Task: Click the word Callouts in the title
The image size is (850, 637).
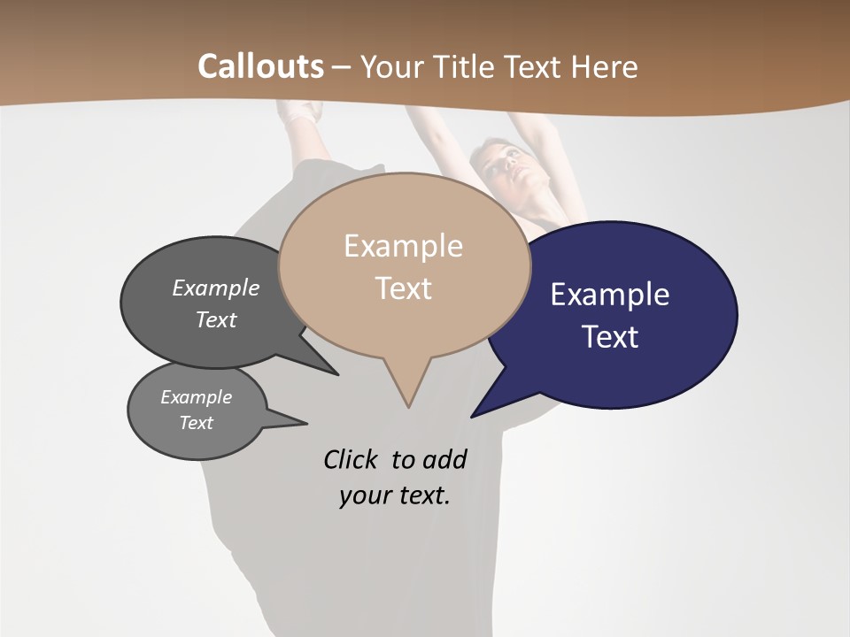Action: pyautogui.click(x=260, y=66)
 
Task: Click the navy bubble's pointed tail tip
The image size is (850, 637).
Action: pyautogui.click(x=473, y=416)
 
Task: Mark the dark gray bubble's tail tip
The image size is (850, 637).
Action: pyautogui.click(x=337, y=374)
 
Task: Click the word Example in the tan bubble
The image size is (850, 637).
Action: pyautogui.click(x=403, y=246)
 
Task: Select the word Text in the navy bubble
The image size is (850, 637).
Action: pyautogui.click(x=611, y=337)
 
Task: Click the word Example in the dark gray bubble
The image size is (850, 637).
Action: pyautogui.click(x=215, y=288)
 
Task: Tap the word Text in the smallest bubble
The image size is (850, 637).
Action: pyautogui.click(x=197, y=423)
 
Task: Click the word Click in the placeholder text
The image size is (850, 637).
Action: pyautogui.click(x=350, y=459)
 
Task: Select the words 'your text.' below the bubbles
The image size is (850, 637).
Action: pyautogui.click(x=395, y=495)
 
